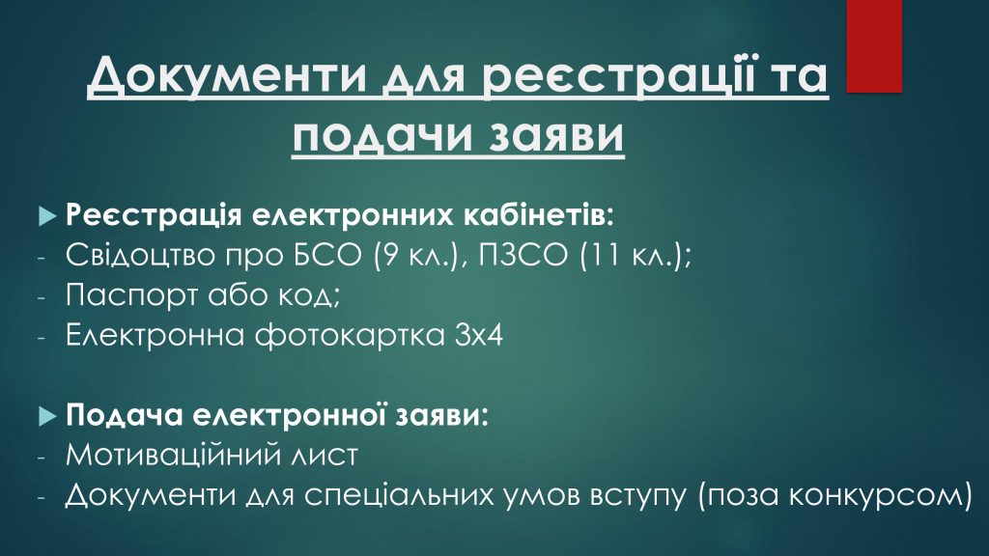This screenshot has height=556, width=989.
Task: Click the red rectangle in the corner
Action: tap(873, 46)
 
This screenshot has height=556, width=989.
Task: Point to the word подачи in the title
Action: tap(381, 136)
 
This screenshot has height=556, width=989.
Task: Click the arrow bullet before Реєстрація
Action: tap(47, 215)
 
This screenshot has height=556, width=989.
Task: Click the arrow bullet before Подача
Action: tap(47, 415)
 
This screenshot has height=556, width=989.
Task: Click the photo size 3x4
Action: tap(479, 335)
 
